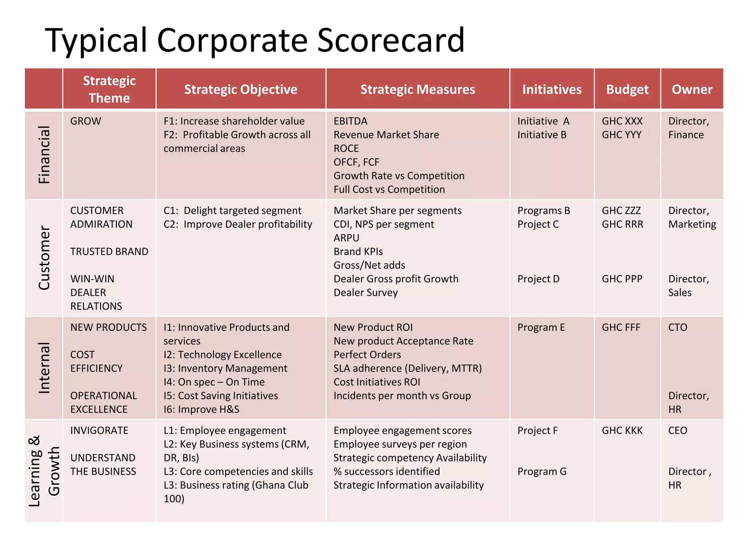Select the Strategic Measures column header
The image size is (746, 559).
point(417,90)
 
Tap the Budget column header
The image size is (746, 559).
point(627,90)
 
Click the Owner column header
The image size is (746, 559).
point(692,90)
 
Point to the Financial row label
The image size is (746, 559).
point(44,155)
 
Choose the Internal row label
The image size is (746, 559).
point(44,368)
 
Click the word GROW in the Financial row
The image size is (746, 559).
point(86,121)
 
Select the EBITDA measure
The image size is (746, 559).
point(350,121)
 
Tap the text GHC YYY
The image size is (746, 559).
point(621,135)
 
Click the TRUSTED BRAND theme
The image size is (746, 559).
point(109,251)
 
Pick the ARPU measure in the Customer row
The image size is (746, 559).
point(346,238)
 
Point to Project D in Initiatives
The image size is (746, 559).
point(538,279)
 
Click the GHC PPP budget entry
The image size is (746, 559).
point(622,279)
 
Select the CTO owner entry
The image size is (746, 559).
point(678,328)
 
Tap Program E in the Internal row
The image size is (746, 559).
point(541,328)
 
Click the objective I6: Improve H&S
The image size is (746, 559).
point(201,409)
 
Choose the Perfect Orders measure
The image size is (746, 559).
point(367,355)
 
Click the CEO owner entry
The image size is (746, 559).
point(678,431)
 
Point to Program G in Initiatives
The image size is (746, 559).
point(542,472)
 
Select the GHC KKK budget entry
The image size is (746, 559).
point(622,431)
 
